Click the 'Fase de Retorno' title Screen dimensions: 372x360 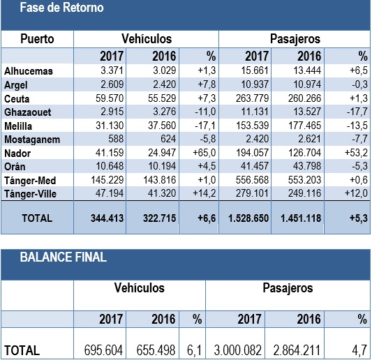click(x=61, y=8)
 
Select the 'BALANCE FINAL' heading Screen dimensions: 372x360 click(x=64, y=257)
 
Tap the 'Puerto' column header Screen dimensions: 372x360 click(x=37, y=39)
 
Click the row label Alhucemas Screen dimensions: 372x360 click(x=29, y=71)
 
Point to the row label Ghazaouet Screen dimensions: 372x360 click(x=28, y=112)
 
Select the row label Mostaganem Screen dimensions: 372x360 click(x=32, y=140)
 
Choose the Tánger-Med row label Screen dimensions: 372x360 click(x=30, y=181)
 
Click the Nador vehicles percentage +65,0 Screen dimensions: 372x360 click(x=204, y=153)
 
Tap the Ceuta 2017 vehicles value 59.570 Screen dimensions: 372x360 click(x=110, y=98)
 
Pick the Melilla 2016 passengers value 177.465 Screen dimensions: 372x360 click(x=304, y=126)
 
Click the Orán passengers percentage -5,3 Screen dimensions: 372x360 click(x=359, y=166)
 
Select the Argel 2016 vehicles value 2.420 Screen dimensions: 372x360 click(x=165, y=84)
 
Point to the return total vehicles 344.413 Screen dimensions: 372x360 click(x=107, y=218)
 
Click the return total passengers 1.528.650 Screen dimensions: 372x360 click(x=248, y=218)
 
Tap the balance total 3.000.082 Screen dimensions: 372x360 click(x=237, y=350)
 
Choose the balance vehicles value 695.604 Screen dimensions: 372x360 click(x=103, y=350)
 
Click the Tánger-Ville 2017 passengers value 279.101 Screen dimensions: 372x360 click(x=252, y=193)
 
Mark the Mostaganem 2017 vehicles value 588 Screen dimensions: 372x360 click(x=116, y=139)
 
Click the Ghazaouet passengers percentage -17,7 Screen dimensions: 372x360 click(x=357, y=112)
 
